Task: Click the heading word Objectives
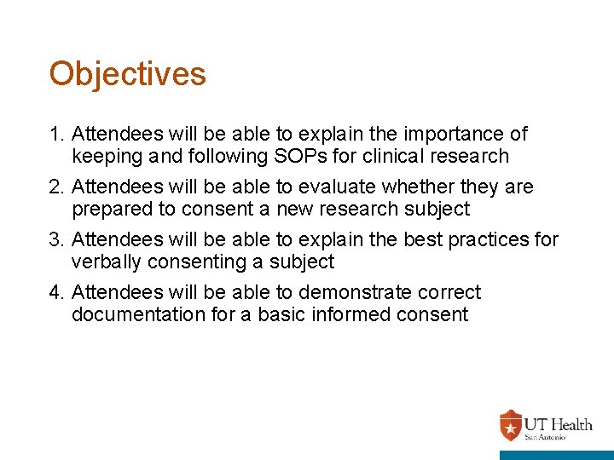(x=127, y=74)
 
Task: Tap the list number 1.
(x=56, y=135)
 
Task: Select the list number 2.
(x=56, y=187)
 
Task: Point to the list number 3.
(x=56, y=240)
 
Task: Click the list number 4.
(x=56, y=293)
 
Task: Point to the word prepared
(x=108, y=210)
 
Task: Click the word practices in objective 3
(x=478, y=240)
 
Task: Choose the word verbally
(x=106, y=262)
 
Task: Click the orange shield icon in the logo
(x=510, y=424)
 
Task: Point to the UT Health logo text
(x=558, y=424)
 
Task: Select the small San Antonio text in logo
(x=543, y=437)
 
